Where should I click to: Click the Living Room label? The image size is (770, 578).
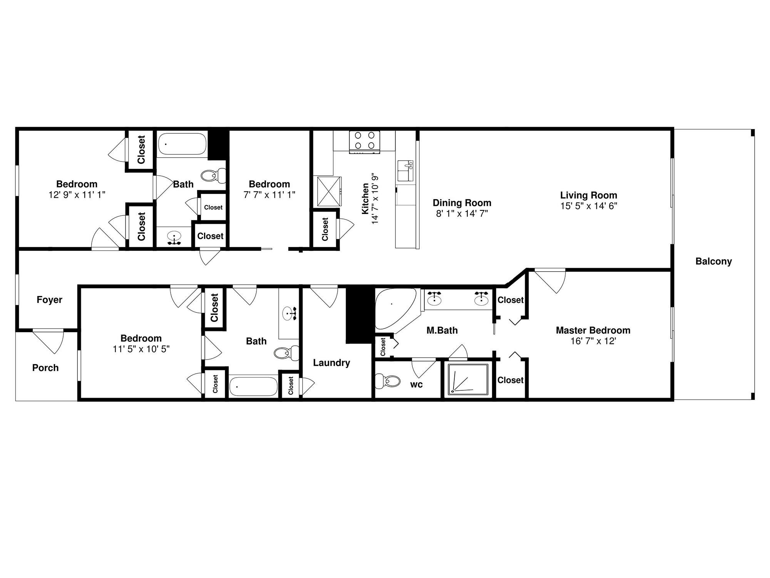pos(588,195)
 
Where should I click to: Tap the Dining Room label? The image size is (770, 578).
pos(462,203)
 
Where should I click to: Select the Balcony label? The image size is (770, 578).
pos(713,261)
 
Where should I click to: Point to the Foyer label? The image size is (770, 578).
pos(49,299)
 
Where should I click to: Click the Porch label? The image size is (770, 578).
pos(45,368)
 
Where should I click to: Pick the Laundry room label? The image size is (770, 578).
pos(331,363)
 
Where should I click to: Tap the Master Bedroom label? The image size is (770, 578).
pos(593,330)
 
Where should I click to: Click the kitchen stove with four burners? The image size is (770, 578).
pos(365,141)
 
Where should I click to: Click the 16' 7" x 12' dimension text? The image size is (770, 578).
pos(593,341)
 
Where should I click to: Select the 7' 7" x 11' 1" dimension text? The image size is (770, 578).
pos(269,195)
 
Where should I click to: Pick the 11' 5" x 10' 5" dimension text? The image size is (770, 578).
pos(141,349)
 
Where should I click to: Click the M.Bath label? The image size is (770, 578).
pos(442,330)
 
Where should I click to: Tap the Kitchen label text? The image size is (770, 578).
pos(365,198)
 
